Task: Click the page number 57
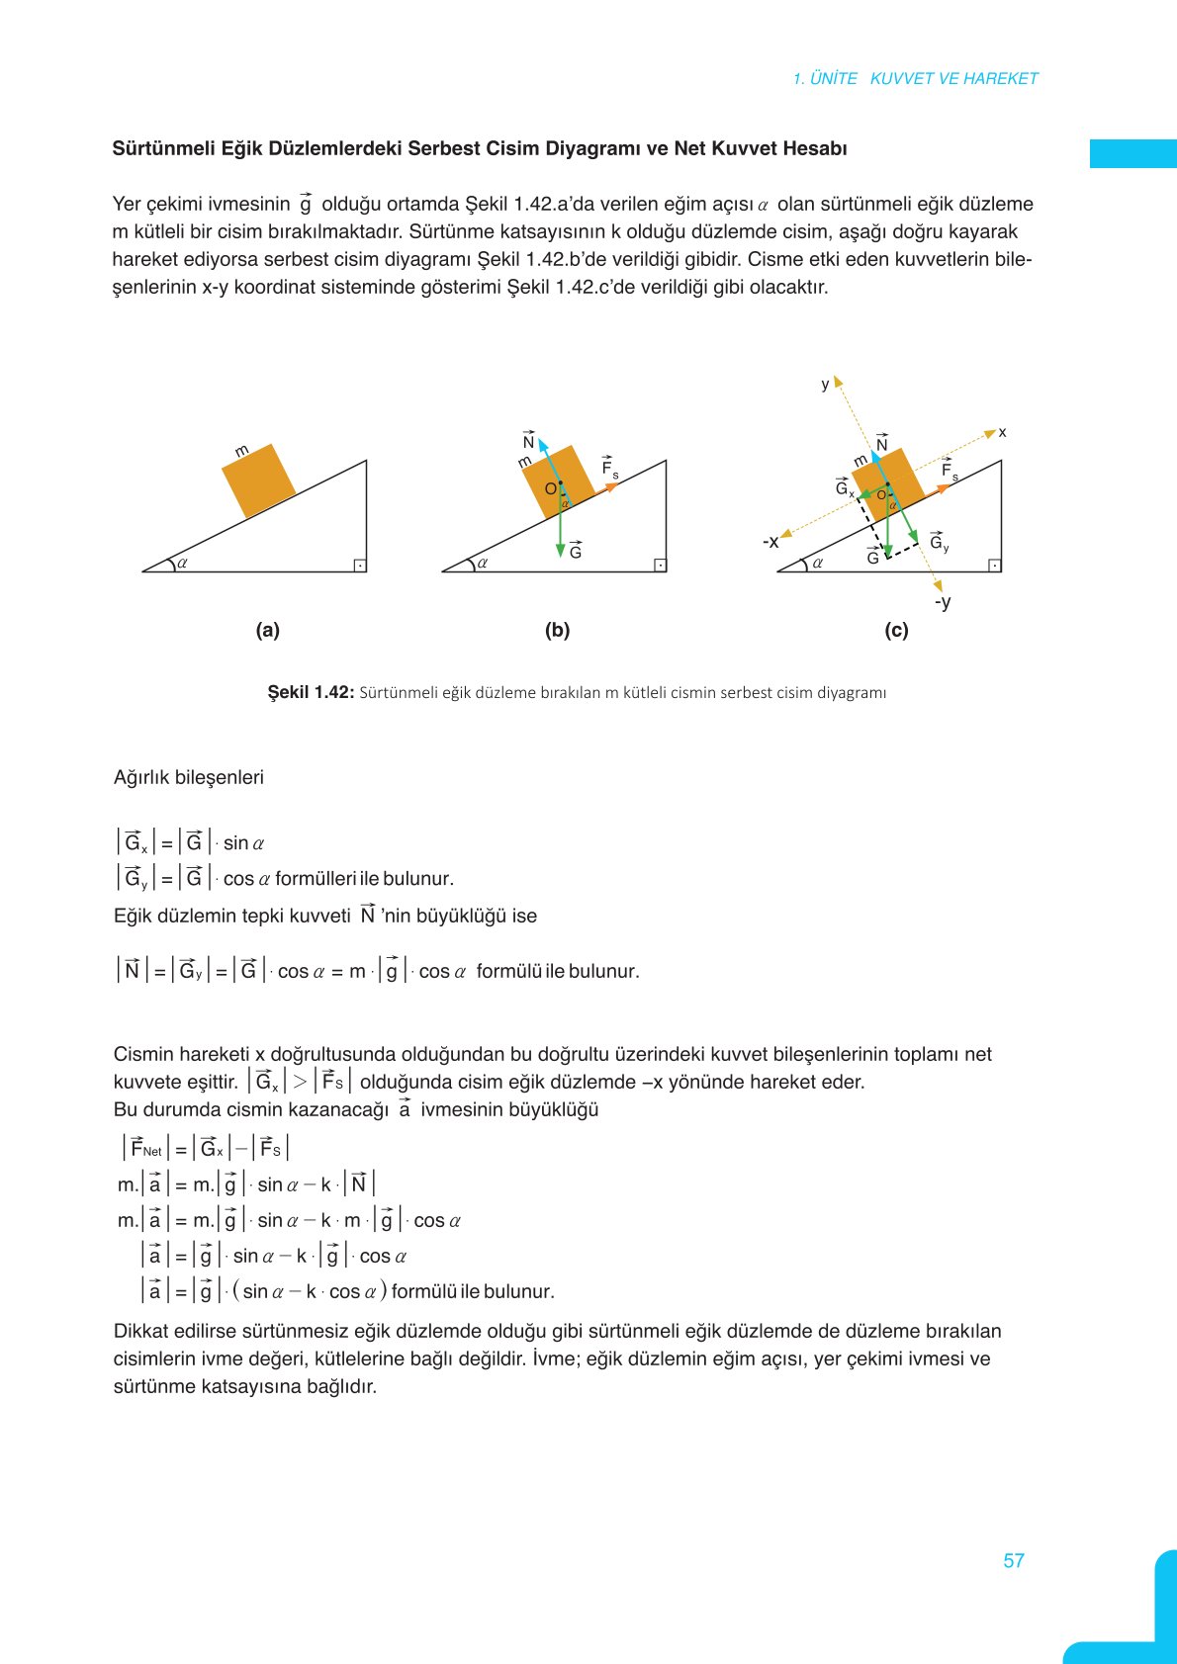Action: coord(1013,1560)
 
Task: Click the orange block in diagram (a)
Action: coord(259,481)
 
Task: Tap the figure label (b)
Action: coord(557,630)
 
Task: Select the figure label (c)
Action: coord(896,630)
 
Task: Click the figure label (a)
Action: coord(267,630)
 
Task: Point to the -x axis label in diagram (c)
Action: coord(770,542)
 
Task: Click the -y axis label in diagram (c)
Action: coord(943,601)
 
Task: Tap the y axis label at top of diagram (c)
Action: coord(825,385)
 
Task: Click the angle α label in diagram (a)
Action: coord(183,563)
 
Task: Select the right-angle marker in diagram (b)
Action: coord(660,565)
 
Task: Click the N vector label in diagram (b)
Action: coord(528,441)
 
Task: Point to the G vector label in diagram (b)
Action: coord(576,551)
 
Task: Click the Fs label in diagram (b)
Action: coord(609,467)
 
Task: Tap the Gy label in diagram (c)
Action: coord(939,542)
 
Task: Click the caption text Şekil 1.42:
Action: coord(311,692)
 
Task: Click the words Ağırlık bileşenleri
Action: coord(189,777)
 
